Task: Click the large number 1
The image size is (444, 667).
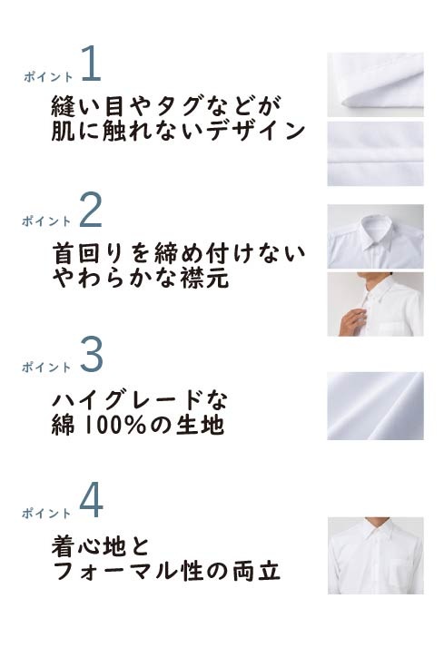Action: click(x=91, y=64)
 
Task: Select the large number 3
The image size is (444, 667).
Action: click(x=92, y=355)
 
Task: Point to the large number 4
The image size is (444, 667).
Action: click(x=92, y=500)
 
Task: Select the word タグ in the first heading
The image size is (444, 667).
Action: click(x=174, y=106)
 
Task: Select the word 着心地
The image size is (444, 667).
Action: click(x=89, y=545)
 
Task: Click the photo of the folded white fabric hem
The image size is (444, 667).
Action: click(x=375, y=84)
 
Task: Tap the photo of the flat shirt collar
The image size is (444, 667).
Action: click(x=375, y=236)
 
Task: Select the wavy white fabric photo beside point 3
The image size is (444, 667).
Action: click(x=375, y=406)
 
